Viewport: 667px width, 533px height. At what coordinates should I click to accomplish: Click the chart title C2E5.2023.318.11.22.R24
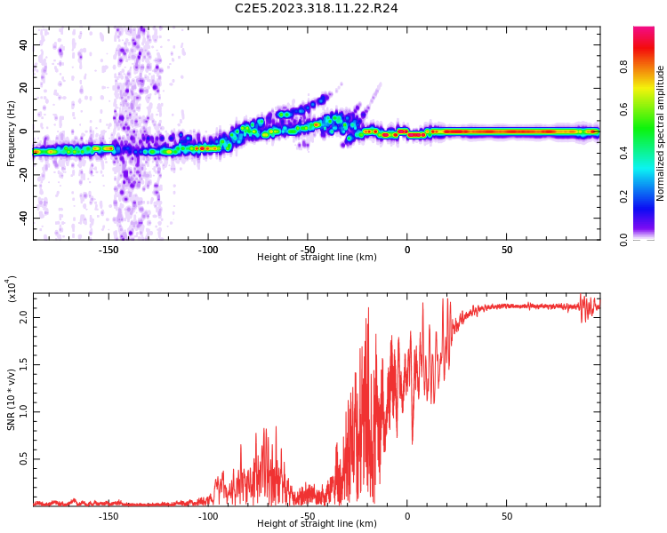pyautogui.click(x=316, y=9)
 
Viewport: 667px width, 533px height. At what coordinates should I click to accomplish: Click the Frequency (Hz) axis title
pyautogui.click(x=12, y=133)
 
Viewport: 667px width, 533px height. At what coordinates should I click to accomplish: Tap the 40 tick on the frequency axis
pyautogui.click(x=24, y=44)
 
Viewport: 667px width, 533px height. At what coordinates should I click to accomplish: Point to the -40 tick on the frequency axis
pyautogui.click(x=22, y=218)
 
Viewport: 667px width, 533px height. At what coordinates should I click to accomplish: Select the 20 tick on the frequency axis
pyautogui.click(x=24, y=88)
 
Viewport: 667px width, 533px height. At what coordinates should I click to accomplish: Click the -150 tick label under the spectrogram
pyautogui.click(x=108, y=250)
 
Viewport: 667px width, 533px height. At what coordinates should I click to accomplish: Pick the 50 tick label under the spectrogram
pyautogui.click(x=506, y=250)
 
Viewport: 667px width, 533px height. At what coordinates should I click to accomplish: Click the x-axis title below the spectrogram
pyautogui.click(x=317, y=258)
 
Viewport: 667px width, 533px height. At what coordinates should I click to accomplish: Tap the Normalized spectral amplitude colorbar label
pyautogui.click(x=661, y=133)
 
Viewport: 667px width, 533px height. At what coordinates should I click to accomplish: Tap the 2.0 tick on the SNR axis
pyautogui.click(x=24, y=315)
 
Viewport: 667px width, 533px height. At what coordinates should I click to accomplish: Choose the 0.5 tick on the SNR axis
pyautogui.click(x=24, y=459)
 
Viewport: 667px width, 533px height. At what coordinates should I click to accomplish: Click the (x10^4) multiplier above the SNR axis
pyautogui.click(x=12, y=289)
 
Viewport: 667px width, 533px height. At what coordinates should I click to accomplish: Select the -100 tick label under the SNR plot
pyautogui.click(x=207, y=516)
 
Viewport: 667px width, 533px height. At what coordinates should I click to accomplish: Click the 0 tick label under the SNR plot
pyautogui.click(x=406, y=516)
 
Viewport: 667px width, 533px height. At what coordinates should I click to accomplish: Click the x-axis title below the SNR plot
pyautogui.click(x=317, y=524)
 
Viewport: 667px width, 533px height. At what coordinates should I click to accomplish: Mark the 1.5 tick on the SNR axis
pyautogui.click(x=24, y=363)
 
